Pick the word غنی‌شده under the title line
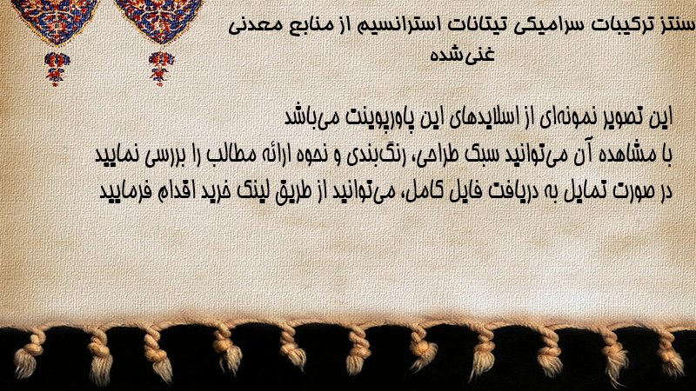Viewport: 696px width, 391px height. [x=462, y=56]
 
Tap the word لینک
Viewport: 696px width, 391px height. [x=250, y=191]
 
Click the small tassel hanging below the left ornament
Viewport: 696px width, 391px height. [x=57, y=68]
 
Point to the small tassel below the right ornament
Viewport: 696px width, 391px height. [x=161, y=68]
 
